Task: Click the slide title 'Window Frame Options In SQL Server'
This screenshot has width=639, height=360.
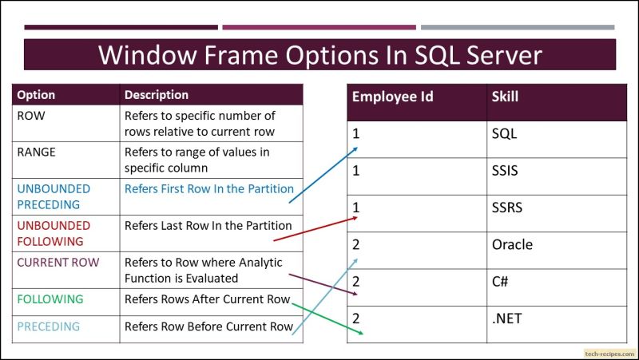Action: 319,55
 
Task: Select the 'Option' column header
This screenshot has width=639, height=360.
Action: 36,95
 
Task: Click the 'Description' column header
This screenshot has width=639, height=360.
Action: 157,95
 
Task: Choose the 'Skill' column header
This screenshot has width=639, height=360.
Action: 505,97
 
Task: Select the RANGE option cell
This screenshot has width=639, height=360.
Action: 37,152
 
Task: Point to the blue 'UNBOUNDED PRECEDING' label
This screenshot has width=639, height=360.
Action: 54,196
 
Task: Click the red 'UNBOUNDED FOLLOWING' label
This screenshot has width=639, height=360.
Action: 53,233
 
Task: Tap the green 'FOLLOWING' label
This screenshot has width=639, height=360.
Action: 50,299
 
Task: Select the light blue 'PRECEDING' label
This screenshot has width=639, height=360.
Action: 49,326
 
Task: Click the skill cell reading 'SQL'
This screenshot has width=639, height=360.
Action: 505,133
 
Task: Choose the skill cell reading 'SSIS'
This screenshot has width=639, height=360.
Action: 506,171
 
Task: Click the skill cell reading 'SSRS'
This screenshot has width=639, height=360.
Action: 507,208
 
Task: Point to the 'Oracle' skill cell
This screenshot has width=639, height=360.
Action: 512,244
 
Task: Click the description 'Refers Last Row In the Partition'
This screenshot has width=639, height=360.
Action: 208,225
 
